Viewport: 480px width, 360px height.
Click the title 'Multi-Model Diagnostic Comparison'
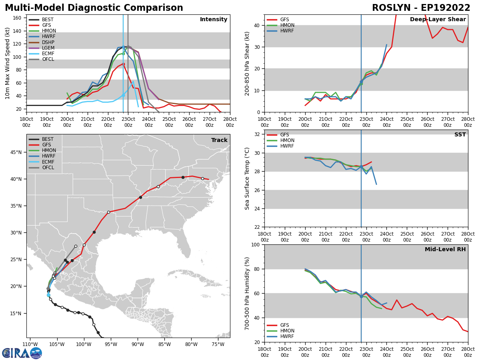point(94,8)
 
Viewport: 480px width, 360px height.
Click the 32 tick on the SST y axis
point(258,134)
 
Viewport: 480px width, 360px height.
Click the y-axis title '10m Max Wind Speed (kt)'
point(8,63)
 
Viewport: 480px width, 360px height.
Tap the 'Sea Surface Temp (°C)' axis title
point(247,178)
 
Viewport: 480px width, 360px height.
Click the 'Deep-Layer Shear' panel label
point(438,20)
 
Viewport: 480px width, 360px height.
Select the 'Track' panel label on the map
point(219,140)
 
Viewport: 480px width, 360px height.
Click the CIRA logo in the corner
point(22,353)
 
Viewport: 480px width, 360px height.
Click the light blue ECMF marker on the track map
point(48,295)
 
